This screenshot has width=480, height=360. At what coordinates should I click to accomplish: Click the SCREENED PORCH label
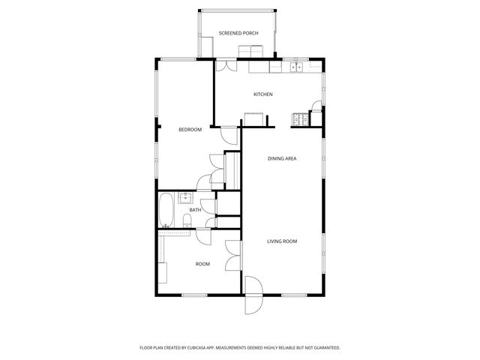coord(238,34)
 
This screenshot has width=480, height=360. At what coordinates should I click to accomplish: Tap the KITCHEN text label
coord(262,94)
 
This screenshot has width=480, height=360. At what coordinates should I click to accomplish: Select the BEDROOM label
coord(190,130)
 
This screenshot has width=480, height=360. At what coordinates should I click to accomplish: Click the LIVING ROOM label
coord(283,241)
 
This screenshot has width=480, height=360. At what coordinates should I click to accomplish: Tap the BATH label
coord(195,210)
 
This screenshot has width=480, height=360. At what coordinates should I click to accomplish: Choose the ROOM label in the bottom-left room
coord(202,264)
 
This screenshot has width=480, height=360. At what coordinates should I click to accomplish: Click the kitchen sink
coord(295,67)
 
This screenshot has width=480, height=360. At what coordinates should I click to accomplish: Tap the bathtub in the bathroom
coord(166,209)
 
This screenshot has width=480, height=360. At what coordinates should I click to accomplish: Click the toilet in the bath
coord(186,220)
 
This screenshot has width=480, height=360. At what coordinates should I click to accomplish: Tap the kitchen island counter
coord(254,118)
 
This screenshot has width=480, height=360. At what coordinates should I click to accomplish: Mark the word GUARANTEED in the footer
coord(324,347)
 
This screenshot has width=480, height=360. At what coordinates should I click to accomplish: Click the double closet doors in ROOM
coord(233,257)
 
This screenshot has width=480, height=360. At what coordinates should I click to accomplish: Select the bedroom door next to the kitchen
coord(229,136)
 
